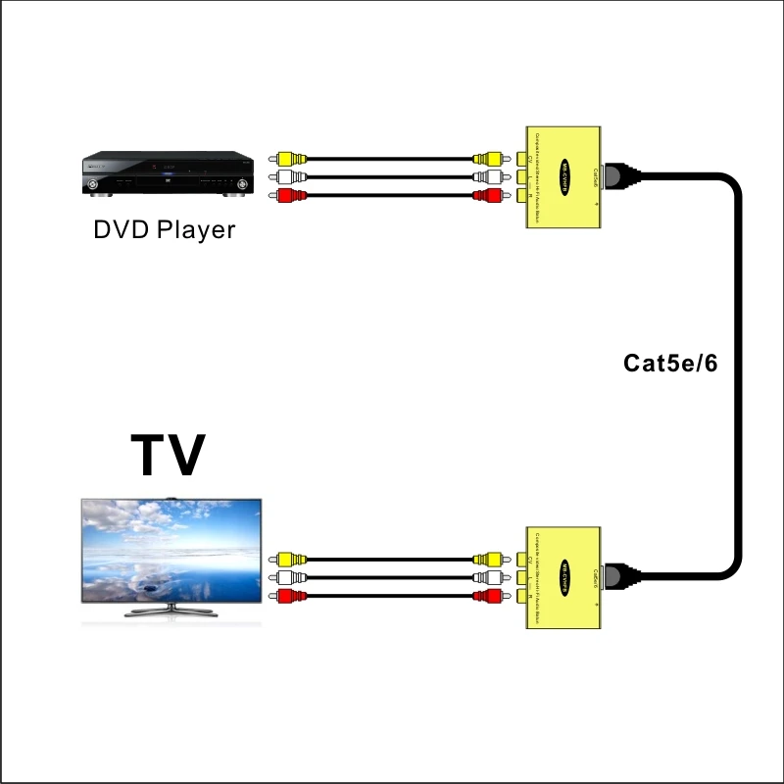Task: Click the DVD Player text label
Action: coord(165,230)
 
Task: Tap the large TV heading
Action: coord(168,455)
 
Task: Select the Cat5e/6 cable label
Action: coord(671,364)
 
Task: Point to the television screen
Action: coord(171,553)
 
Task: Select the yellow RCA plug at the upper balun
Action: coord(487,158)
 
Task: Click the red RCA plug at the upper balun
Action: coord(487,196)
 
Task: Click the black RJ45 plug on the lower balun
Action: coord(621,572)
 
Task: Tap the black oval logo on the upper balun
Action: coord(565,177)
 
